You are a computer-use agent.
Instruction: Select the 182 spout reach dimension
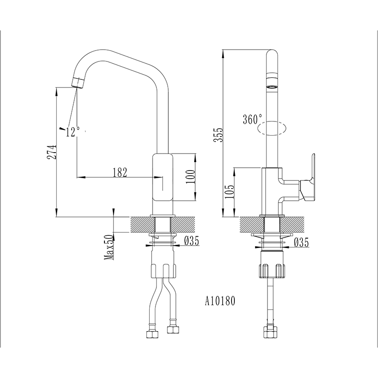120,172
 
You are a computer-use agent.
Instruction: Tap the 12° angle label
73,132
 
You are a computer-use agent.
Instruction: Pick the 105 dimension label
230,192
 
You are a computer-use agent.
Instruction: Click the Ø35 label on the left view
191,241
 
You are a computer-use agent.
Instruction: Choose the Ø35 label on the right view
301,243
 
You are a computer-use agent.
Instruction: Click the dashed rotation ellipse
272,128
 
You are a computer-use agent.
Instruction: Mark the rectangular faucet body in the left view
162,178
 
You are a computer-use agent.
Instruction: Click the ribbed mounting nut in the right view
272,271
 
